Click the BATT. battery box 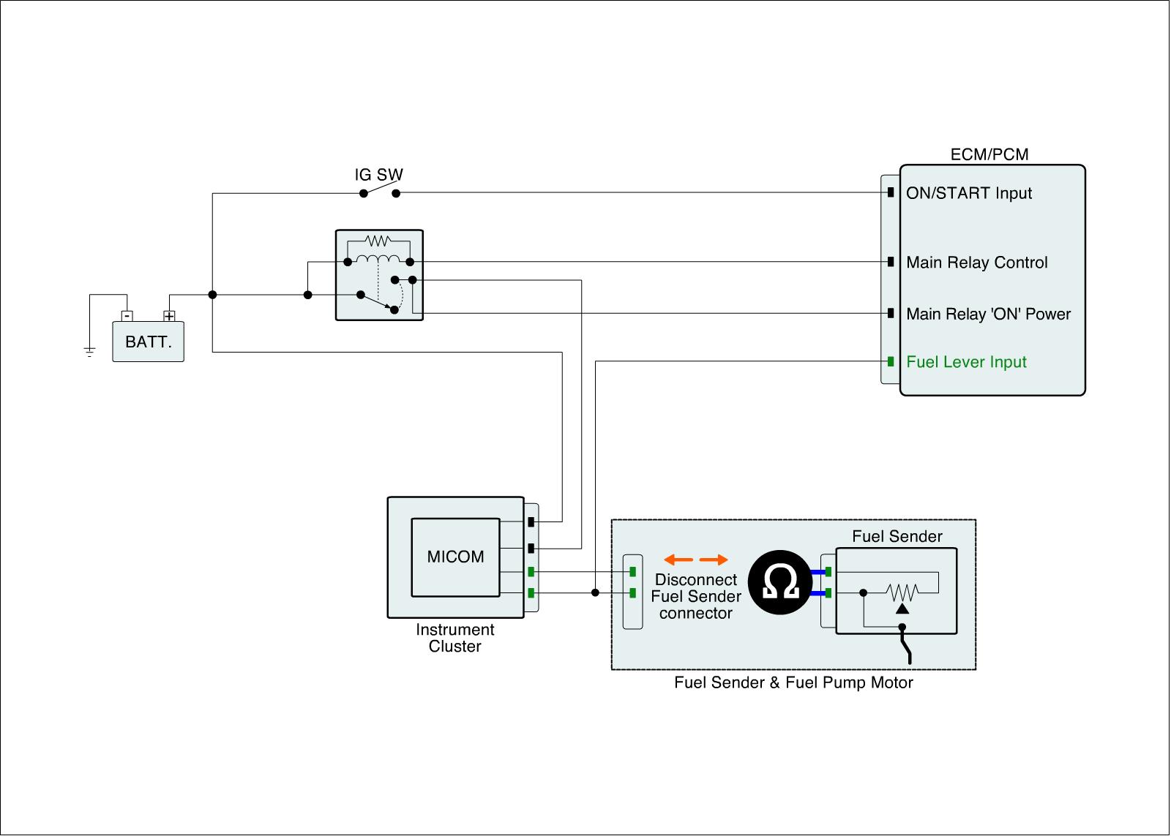point(148,342)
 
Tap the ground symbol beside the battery point(89,351)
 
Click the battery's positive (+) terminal point(169,316)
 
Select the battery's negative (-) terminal point(127,316)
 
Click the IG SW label point(378,175)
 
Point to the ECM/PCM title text point(989,154)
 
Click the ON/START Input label point(969,193)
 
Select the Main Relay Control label point(976,263)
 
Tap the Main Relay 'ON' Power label point(988,314)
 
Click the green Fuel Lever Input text point(966,362)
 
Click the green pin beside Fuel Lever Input point(890,361)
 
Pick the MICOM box point(455,557)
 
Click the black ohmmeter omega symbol point(780,582)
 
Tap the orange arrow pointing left point(678,560)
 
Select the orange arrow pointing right point(714,560)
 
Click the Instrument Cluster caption point(454,638)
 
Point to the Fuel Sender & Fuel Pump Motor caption point(793,683)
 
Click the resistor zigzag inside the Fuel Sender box point(902,592)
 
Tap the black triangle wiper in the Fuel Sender point(902,609)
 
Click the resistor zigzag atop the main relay point(378,241)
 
